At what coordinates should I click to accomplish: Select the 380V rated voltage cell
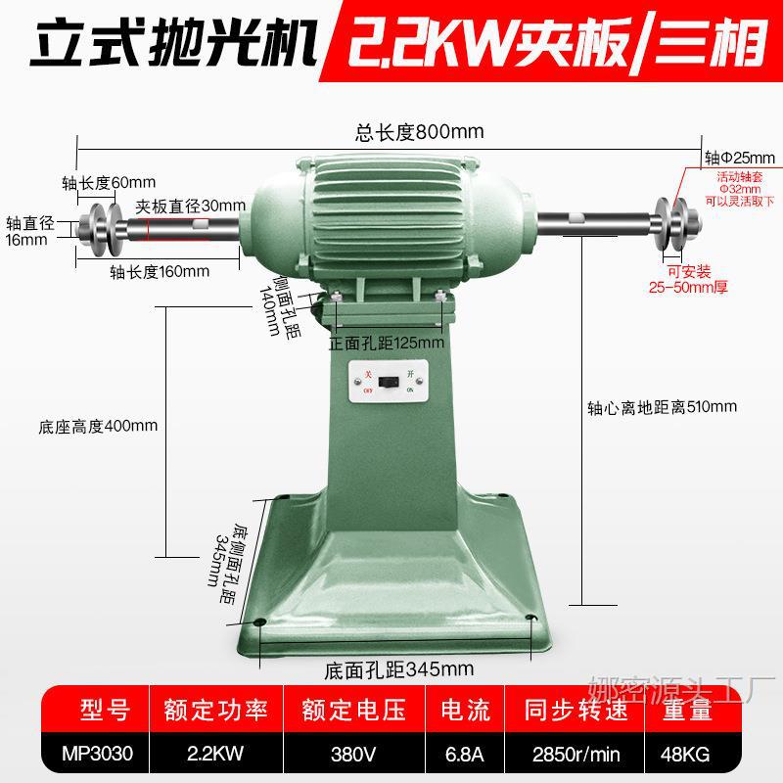[353, 754]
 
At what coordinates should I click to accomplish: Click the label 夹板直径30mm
[189, 206]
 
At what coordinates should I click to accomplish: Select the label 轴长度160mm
[159, 271]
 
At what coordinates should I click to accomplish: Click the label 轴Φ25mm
[739, 157]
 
